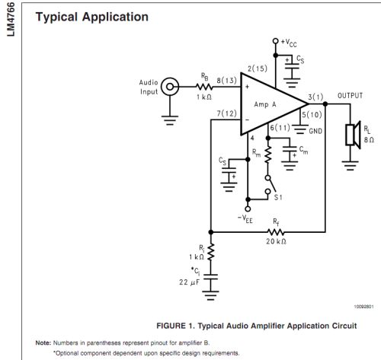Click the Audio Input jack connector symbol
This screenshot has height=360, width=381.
click(170, 87)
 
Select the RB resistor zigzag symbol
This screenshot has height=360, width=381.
click(204, 87)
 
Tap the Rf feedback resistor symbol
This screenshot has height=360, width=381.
click(276, 232)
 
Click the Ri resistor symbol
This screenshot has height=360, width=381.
click(211, 252)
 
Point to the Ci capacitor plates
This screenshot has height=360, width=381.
click(210, 276)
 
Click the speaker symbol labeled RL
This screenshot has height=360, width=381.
click(354, 135)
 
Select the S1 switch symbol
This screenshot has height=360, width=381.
click(271, 184)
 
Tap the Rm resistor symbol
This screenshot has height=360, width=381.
click(268, 155)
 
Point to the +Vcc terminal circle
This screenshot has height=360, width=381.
click(276, 41)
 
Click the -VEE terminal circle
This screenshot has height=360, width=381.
click(248, 209)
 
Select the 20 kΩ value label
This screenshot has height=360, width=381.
click(276, 241)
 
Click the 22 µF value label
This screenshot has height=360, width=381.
click(189, 282)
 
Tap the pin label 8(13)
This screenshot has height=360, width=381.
click(226, 81)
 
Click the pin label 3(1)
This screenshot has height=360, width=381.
click(315, 97)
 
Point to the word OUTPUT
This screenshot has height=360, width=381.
click(350, 96)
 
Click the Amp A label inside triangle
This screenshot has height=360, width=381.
click(265, 104)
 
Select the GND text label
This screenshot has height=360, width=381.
click(315, 131)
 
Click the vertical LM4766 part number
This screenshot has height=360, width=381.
click(11, 19)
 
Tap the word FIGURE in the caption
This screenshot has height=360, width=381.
click(171, 326)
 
